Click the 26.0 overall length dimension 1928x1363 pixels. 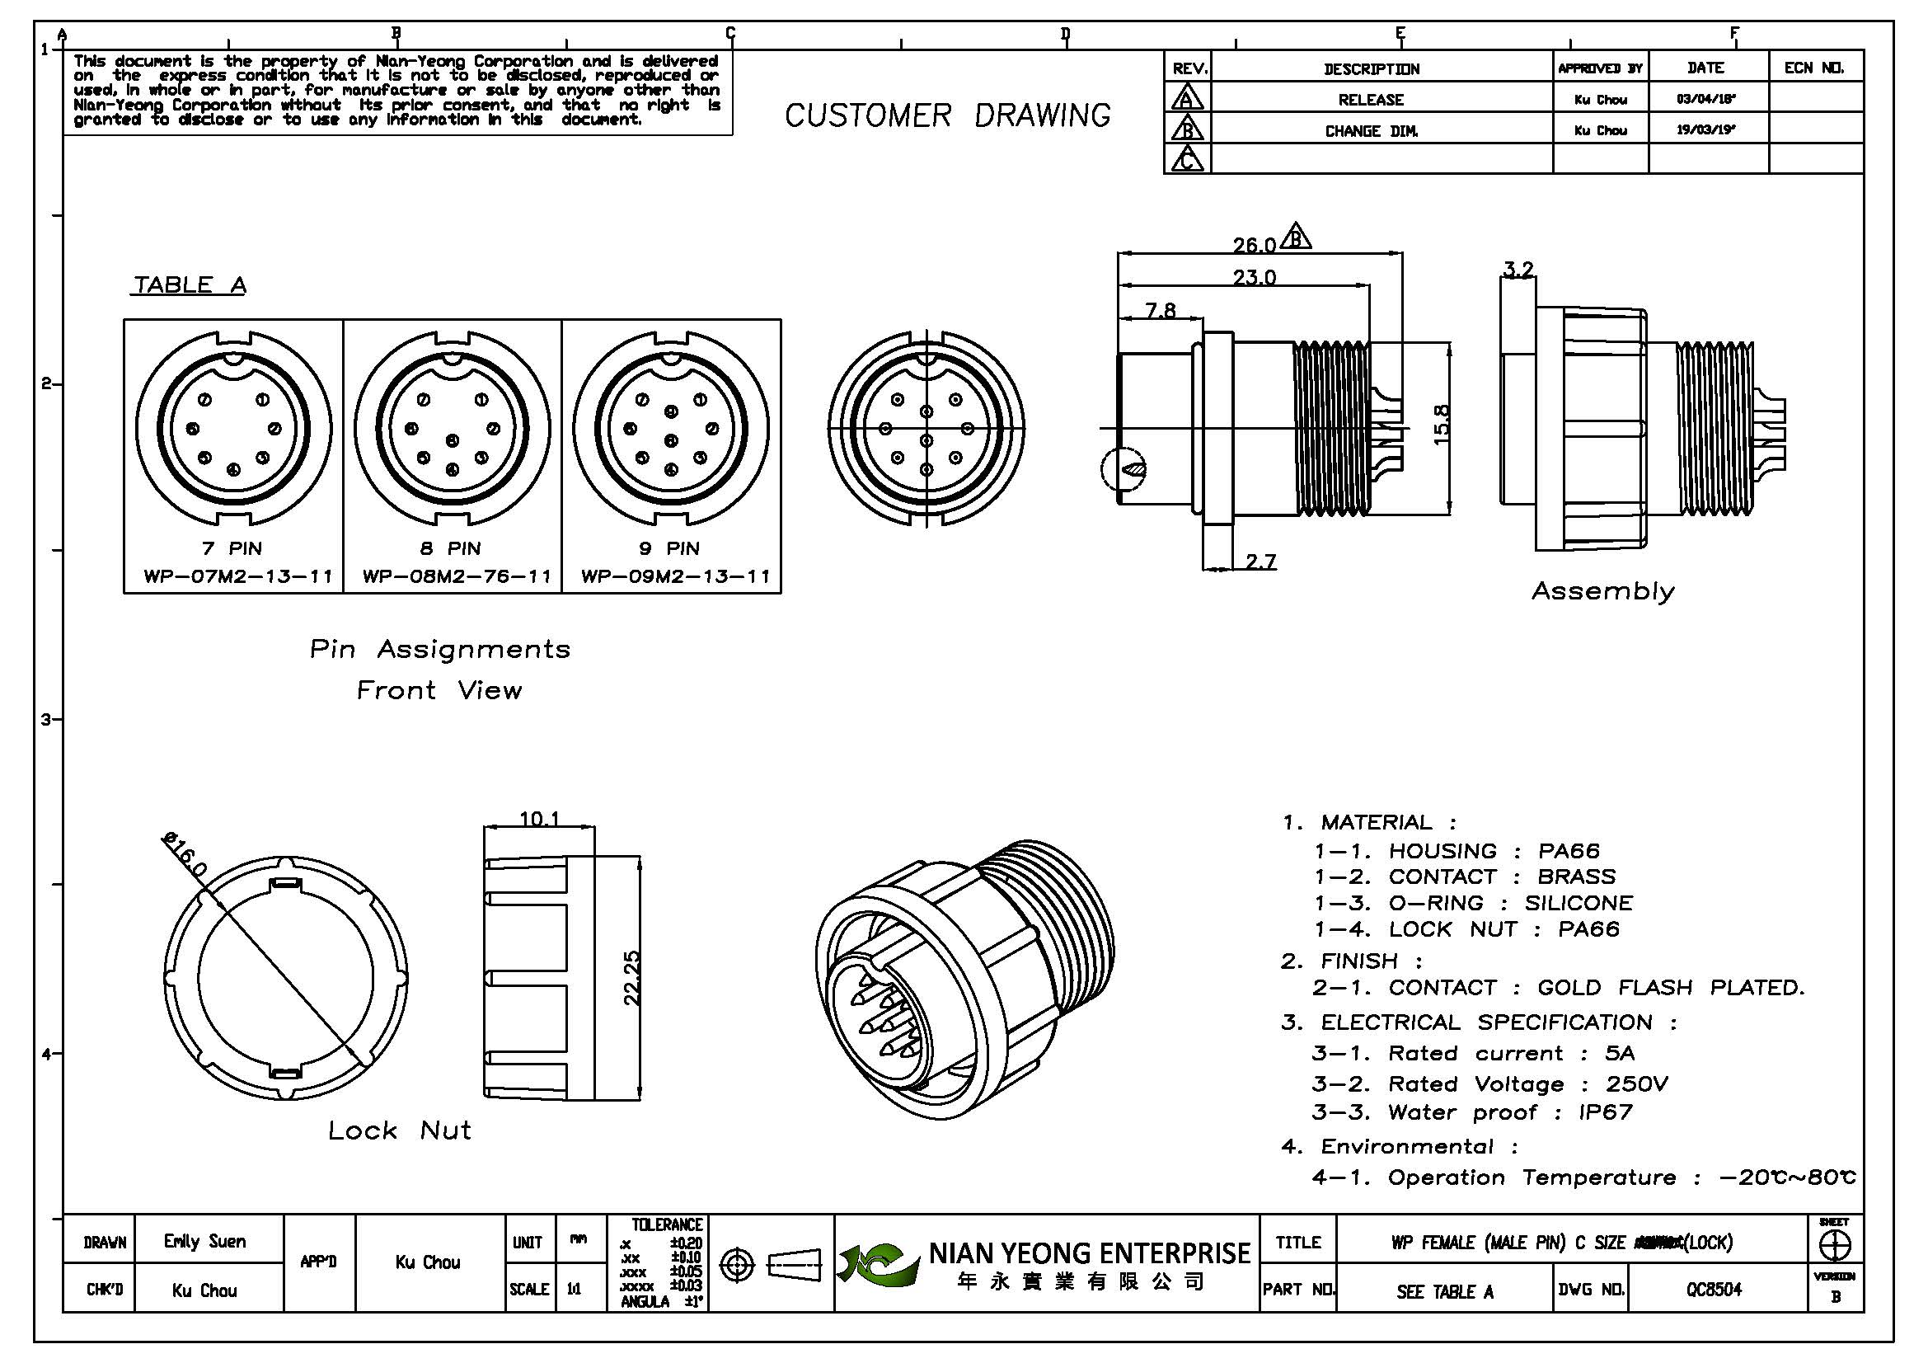[x=1254, y=245]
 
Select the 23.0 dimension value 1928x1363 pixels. [x=1254, y=277]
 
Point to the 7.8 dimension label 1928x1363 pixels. [x=1160, y=311]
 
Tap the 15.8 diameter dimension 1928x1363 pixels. [x=1441, y=425]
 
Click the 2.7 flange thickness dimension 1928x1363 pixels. [x=1260, y=561]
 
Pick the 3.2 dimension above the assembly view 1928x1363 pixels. [x=1518, y=270]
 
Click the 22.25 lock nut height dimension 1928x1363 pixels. [x=632, y=978]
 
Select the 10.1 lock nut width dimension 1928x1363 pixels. [x=539, y=818]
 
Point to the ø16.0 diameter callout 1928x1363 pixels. [x=184, y=855]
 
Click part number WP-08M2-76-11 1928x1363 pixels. [x=457, y=577]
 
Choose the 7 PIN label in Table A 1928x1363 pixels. [x=232, y=548]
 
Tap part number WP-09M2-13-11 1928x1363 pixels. [x=675, y=577]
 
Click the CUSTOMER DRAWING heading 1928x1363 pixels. [x=947, y=116]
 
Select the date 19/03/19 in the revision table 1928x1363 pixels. [x=1706, y=131]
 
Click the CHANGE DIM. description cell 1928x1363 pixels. [x=1372, y=131]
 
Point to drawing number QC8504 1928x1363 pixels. [x=1714, y=1290]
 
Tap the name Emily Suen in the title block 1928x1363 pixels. [x=205, y=1241]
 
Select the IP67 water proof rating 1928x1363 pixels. [x=1606, y=1112]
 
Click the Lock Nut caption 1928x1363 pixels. [x=400, y=1130]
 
